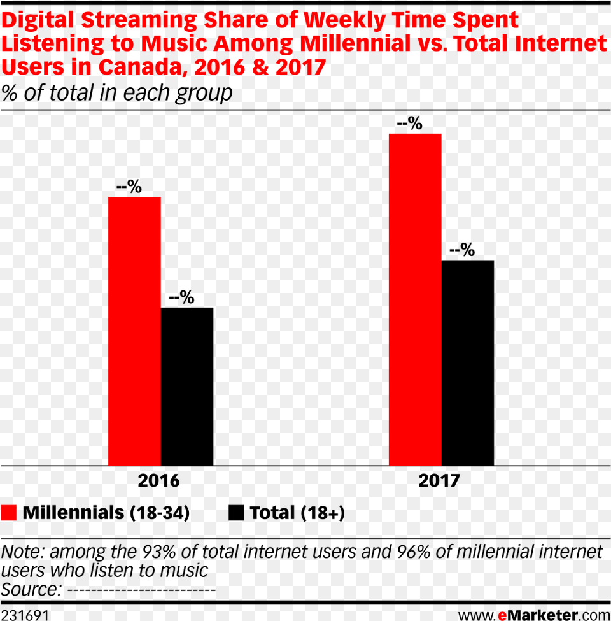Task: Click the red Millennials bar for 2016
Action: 134,331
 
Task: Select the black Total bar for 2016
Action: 187,387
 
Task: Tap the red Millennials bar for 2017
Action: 415,299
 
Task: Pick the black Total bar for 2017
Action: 468,363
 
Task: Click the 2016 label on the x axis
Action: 159,481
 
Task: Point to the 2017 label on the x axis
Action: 439,481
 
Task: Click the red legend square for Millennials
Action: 9,513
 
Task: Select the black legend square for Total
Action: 236,513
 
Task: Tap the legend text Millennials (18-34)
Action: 106,513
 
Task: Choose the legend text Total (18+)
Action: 297,513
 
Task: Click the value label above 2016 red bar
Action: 129,187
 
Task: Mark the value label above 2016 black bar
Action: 181,298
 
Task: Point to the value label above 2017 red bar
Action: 409,124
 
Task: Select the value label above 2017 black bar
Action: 462,250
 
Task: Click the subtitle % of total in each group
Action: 116,94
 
